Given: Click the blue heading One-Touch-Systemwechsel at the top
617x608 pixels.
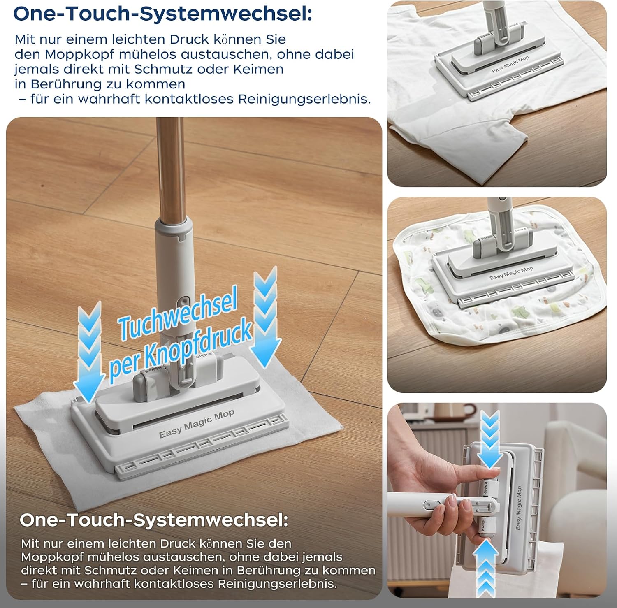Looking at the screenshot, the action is [x=162, y=14].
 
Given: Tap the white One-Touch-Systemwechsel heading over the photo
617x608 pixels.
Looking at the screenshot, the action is [x=153, y=520].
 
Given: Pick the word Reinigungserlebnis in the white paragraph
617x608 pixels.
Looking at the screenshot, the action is [x=276, y=584].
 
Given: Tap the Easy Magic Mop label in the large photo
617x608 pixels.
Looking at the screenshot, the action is [x=197, y=424].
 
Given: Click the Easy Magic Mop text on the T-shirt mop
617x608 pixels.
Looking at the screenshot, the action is [x=510, y=65].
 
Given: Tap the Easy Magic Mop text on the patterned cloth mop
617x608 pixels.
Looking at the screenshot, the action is [x=511, y=273].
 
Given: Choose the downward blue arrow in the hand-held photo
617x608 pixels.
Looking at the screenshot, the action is [x=489, y=440].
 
